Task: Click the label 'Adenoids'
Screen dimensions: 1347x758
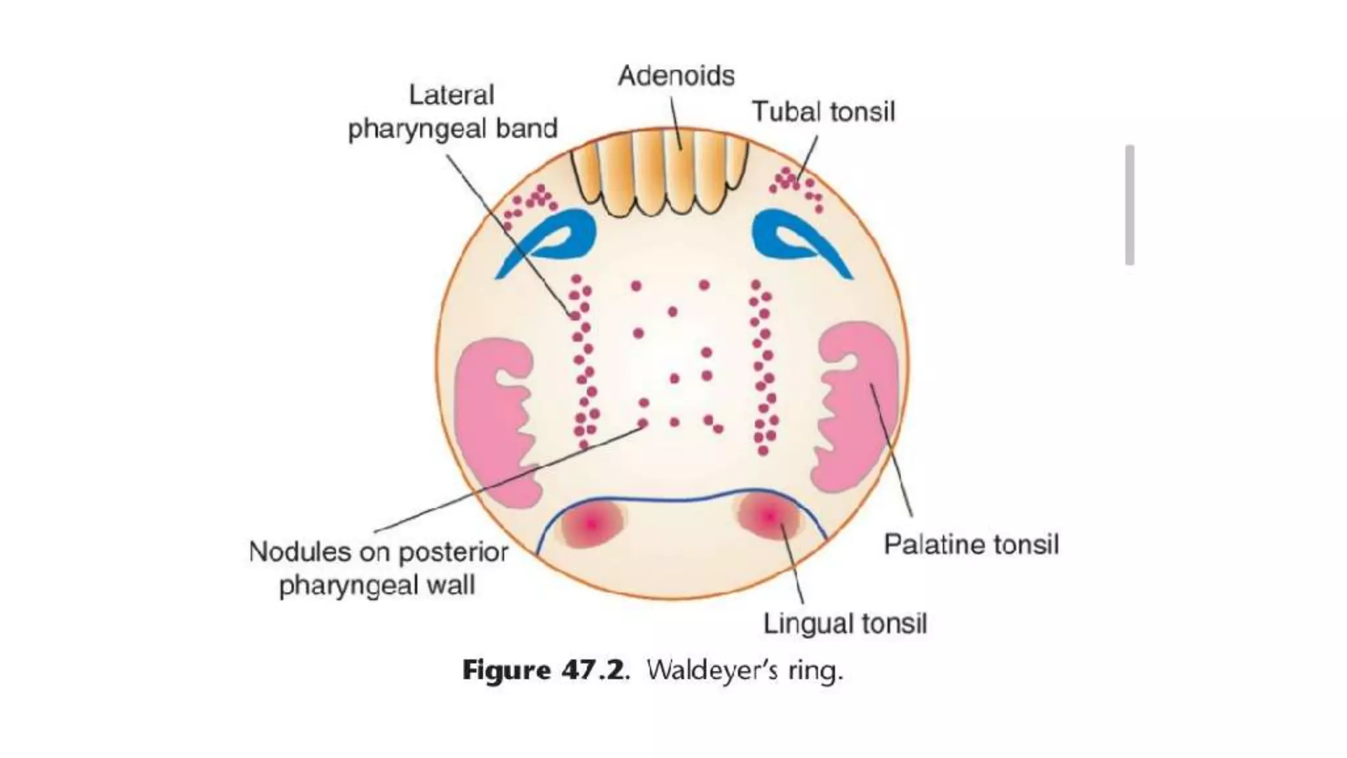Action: pyautogui.click(x=676, y=76)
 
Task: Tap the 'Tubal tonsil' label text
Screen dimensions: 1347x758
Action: pyautogui.click(x=823, y=112)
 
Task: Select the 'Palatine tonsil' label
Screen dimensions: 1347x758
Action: pyautogui.click(x=971, y=545)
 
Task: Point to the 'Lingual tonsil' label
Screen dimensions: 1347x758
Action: pyautogui.click(x=845, y=624)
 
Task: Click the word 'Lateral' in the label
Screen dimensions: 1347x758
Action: pyautogui.click(x=451, y=95)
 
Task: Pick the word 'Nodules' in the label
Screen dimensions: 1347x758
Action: pyautogui.click(x=299, y=552)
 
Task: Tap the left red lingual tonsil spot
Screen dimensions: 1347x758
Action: pyautogui.click(x=591, y=524)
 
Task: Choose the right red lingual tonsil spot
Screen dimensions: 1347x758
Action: pyautogui.click(x=770, y=517)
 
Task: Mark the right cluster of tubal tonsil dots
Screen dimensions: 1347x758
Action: pyautogui.click(x=796, y=185)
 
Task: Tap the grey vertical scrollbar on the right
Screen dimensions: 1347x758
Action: pyautogui.click(x=1129, y=205)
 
